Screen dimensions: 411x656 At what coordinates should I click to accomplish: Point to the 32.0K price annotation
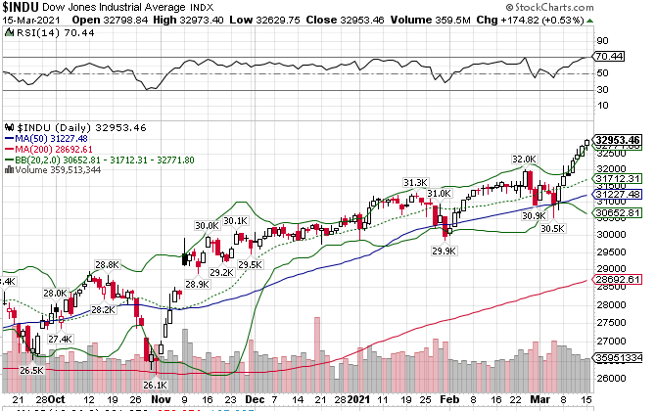(524, 159)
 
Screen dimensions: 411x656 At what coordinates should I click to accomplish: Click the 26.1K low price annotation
(157, 385)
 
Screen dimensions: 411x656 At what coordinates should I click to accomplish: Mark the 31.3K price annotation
(416, 182)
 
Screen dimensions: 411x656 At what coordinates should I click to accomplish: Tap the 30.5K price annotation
(552, 228)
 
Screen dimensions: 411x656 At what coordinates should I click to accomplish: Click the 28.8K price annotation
(107, 264)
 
